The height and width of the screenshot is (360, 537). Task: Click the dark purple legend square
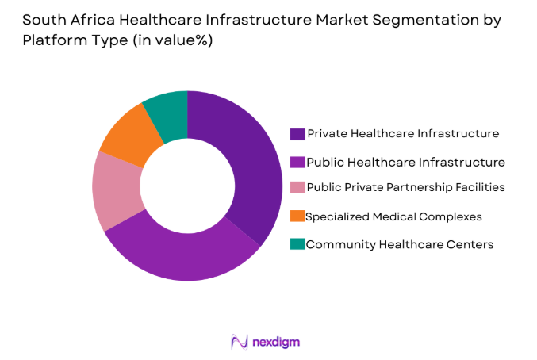[x=297, y=133]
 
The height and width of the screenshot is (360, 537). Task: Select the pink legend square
[x=297, y=189]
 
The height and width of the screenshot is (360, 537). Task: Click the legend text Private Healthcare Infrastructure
[x=403, y=133]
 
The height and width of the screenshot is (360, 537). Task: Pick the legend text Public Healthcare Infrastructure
[x=405, y=162]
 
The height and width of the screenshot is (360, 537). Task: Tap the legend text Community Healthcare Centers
[x=400, y=244]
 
